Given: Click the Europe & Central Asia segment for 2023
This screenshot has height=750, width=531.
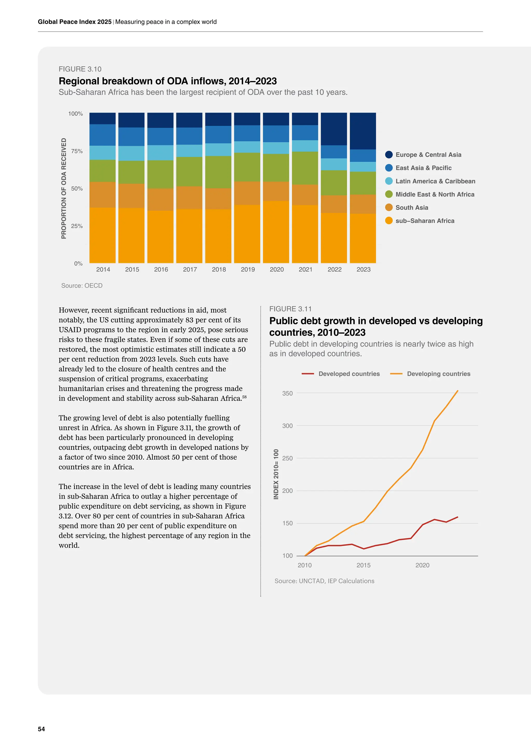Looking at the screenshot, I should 363,131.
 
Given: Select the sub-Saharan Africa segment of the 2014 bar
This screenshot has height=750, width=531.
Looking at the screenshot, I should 102,235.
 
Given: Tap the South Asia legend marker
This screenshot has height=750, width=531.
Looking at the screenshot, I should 389,207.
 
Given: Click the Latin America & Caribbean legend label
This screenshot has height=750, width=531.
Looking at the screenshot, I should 435,181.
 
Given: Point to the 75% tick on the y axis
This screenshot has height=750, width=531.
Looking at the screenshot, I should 77,151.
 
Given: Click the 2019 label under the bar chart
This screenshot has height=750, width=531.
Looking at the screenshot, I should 248,270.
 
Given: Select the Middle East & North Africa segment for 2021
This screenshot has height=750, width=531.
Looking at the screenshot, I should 305,168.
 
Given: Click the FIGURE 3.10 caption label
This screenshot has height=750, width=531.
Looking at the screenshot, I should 80,69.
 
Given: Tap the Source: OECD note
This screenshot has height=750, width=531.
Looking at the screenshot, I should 82,285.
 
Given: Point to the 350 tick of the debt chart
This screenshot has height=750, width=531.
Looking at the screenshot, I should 287,393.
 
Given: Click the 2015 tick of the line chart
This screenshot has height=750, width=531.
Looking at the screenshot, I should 363,565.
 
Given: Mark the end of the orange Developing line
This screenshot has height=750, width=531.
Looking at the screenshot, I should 457,391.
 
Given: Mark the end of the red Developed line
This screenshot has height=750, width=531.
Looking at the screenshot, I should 457,517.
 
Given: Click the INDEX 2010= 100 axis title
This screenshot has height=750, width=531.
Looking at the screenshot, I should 276,474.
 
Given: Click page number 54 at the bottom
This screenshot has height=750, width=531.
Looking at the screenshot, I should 41,729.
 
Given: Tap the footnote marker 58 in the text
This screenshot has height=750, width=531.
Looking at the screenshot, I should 244,397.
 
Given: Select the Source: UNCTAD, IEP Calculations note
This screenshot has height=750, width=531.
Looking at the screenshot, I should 324,581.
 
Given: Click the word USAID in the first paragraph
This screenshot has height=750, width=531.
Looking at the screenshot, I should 70,330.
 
